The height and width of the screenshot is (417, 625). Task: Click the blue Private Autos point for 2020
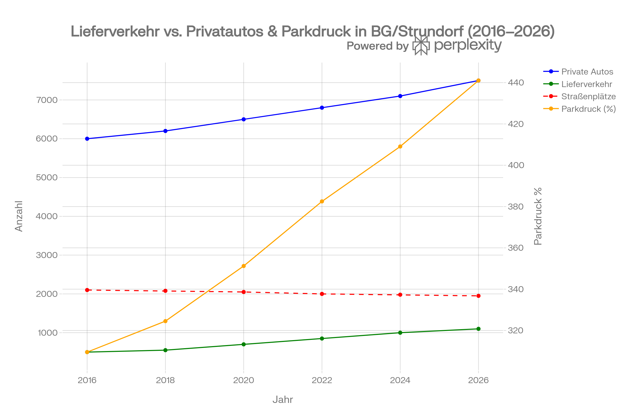(244, 119)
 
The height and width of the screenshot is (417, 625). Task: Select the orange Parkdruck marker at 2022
(322, 201)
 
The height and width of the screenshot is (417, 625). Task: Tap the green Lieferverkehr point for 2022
(322, 339)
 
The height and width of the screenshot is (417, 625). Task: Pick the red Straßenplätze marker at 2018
(165, 291)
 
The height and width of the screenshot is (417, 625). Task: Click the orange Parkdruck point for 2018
(165, 321)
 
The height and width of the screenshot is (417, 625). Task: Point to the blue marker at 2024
(400, 96)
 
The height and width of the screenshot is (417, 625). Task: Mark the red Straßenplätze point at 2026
(478, 296)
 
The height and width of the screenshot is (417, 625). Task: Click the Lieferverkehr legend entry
(586, 84)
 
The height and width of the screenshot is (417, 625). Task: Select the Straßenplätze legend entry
(588, 96)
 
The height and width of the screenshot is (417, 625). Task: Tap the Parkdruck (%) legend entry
(588, 109)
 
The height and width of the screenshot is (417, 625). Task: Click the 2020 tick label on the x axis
(244, 380)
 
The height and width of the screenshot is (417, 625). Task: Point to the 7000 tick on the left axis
(47, 100)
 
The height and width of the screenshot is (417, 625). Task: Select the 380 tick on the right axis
(516, 207)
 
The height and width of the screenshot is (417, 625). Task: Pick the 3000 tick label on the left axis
(47, 255)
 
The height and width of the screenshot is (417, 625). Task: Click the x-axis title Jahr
(283, 400)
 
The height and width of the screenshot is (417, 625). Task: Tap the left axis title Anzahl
(19, 217)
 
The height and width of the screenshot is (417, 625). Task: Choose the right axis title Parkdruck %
(538, 217)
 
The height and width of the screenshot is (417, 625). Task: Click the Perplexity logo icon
(421, 46)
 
